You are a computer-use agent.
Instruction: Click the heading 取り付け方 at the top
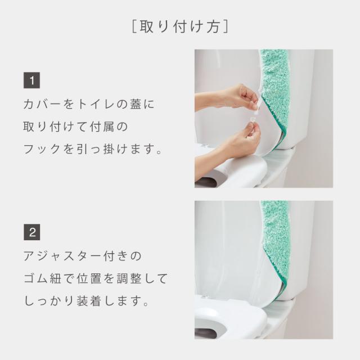point(180,27)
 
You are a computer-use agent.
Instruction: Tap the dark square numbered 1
point(31,80)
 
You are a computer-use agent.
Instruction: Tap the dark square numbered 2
point(31,232)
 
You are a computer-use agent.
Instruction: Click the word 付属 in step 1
point(102,127)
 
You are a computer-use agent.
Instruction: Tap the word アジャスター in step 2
point(62,256)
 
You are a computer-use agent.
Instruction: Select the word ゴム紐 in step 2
point(43,278)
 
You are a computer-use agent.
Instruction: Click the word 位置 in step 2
point(89,278)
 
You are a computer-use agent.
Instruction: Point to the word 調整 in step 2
point(129,278)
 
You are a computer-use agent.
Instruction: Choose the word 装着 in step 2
point(89,301)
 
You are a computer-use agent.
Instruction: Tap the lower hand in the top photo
point(229,142)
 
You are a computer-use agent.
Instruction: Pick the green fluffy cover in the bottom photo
point(276,241)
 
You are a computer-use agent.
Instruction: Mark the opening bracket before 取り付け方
point(134,27)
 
